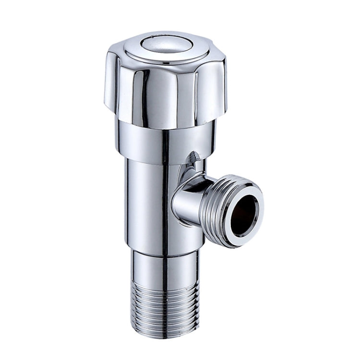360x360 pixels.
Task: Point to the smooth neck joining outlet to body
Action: (190, 202)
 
